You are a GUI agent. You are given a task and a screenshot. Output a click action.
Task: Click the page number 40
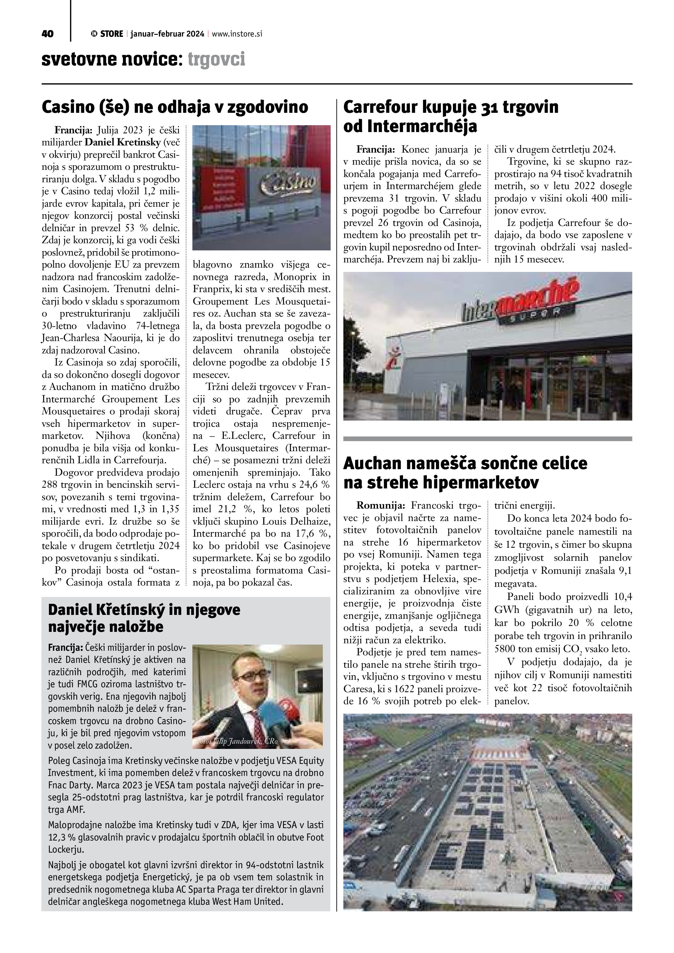click(48, 34)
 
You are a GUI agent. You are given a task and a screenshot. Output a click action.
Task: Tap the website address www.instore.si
click(237, 34)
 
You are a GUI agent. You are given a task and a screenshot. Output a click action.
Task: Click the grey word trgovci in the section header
click(216, 59)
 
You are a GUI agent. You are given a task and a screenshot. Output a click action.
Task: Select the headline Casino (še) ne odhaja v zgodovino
click(175, 107)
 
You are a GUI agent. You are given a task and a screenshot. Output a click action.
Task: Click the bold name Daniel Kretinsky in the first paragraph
click(122, 142)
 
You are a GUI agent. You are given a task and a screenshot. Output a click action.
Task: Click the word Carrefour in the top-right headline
click(380, 107)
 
